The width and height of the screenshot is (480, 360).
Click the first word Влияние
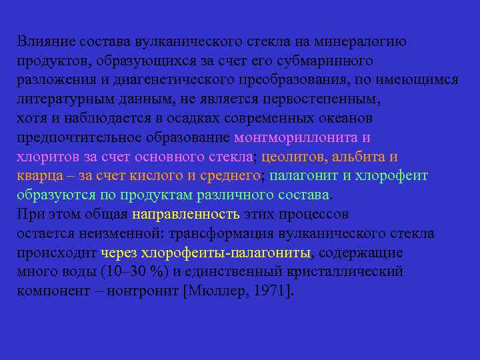[42, 41]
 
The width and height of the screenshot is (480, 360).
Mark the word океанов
[346, 119]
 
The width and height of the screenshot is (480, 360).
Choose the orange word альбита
[359, 157]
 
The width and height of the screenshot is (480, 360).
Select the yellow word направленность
[185, 215]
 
